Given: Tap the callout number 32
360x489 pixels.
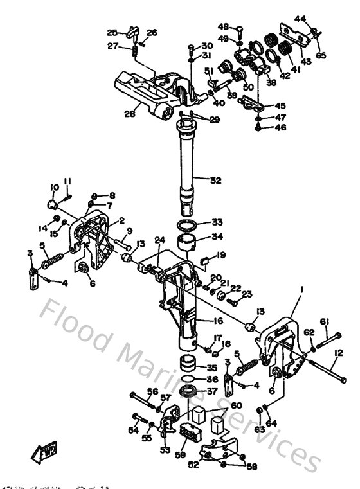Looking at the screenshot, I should click(x=215, y=181).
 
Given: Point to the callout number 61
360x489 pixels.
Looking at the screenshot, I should click(x=325, y=321).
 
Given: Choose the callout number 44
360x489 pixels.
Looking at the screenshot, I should click(x=301, y=19).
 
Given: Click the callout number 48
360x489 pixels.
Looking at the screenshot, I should click(x=224, y=27).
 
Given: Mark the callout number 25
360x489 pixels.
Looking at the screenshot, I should click(x=112, y=33).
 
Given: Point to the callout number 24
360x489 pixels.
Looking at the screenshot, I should click(x=160, y=240).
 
